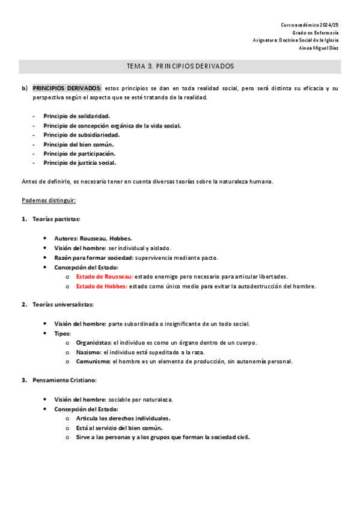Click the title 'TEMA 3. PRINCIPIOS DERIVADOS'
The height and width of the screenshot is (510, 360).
coord(180,66)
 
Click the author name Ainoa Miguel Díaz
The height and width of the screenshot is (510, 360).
coord(319,48)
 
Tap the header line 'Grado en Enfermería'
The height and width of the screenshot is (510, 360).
coord(316,32)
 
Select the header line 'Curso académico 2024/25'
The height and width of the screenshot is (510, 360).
coord(310,25)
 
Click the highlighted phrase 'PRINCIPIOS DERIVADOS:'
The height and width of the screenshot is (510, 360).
coord(67,88)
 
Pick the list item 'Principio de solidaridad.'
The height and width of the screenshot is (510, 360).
coord(76,115)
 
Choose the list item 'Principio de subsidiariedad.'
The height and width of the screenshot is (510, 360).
coord(81,135)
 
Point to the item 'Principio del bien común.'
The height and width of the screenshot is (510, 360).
coord(78,144)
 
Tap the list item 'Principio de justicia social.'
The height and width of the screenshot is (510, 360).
coord(79,162)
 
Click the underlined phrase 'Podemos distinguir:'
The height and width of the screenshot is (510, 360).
coord(48,200)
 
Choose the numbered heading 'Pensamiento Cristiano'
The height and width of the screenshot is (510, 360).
coord(64,380)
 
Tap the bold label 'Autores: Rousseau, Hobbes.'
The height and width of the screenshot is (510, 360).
coord(93,238)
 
